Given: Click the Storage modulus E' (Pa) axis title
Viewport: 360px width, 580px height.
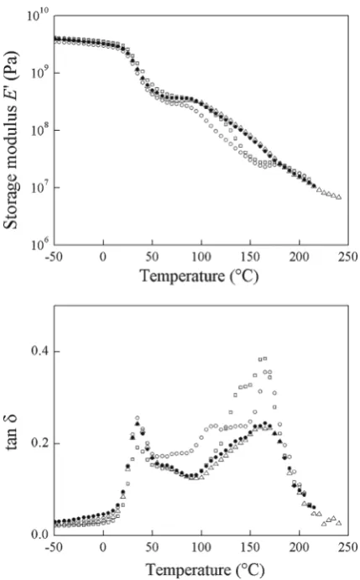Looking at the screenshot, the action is [x=12, y=140].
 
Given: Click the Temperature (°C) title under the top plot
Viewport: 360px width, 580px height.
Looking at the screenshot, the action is [x=199, y=275].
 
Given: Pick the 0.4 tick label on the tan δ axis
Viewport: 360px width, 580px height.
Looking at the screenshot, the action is [x=40, y=351].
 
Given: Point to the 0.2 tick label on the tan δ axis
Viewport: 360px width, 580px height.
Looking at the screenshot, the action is [x=40, y=443].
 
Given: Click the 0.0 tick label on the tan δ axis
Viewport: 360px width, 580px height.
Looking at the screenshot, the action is [x=40, y=534].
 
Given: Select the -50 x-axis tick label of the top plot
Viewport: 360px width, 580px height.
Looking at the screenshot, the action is [x=54, y=256].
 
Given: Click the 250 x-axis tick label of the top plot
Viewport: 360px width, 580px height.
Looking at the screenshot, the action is [x=347, y=256].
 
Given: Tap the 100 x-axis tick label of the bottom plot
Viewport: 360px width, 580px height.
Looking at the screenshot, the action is [x=201, y=547].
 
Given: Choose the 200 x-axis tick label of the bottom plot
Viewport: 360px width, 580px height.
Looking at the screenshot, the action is [x=299, y=547].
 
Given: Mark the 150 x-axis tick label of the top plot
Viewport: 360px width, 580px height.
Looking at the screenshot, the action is [x=250, y=256].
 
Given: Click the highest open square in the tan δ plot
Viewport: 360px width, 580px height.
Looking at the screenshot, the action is [x=265, y=358].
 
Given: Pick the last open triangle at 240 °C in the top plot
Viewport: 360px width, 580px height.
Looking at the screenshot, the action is [x=339, y=197].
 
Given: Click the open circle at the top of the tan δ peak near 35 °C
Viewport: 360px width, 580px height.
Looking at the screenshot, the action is [x=138, y=418].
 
